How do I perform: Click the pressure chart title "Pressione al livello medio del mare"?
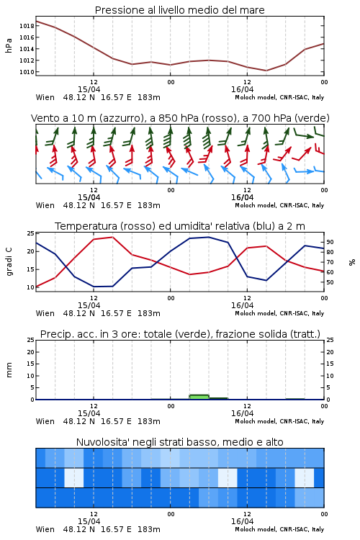click(179, 10)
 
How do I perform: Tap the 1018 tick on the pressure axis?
click(27, 26)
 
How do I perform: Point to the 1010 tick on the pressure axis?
click(27, 72)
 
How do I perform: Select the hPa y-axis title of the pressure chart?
click(9, 45)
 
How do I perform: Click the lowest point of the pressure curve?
click(266, 71)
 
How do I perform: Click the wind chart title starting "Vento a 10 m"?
click(180, 118)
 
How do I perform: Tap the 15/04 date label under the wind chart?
click(89, 197)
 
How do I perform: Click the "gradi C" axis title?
click(9, 262)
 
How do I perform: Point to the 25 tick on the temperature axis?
click(30, 233)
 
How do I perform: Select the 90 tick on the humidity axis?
click(330, 242)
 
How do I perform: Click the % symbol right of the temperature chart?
click(352, 262)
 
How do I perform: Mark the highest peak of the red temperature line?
click(112, 237)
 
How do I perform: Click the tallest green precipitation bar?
click(199, 397)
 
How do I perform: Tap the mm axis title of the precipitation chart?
click(9, 370)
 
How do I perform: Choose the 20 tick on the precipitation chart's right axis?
click(330, 352)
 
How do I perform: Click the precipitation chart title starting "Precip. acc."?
click(180, 334)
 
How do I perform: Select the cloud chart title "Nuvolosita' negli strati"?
click(179, 442)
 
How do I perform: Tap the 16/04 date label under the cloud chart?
click(242, 521)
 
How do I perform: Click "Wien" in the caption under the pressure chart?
click(45, 97)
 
